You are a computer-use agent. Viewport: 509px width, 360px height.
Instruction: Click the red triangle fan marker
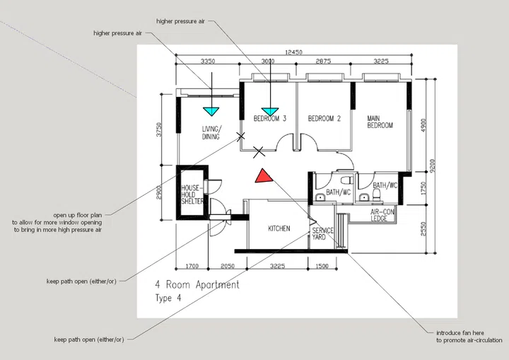coord(263,177)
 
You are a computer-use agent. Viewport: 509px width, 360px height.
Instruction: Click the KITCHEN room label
coord(279,229)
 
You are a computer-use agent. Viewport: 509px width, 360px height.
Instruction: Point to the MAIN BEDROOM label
coord(380,122)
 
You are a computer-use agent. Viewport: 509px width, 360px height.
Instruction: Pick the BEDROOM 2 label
coord(324,119)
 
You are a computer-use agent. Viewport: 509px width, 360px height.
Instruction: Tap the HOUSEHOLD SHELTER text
coord(192,194)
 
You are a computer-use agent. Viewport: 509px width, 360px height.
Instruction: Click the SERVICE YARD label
coord(323,234)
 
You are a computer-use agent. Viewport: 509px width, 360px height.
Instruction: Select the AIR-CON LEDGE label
coord(382,215)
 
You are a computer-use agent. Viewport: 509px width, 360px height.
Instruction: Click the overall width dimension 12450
coord(293,52)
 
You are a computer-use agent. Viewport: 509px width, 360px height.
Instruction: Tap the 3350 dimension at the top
coord(208,62)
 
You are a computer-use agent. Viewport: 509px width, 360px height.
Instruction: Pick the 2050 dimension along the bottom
coord(226,266)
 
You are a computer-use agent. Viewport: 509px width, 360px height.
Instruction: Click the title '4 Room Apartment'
coord(197,285)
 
